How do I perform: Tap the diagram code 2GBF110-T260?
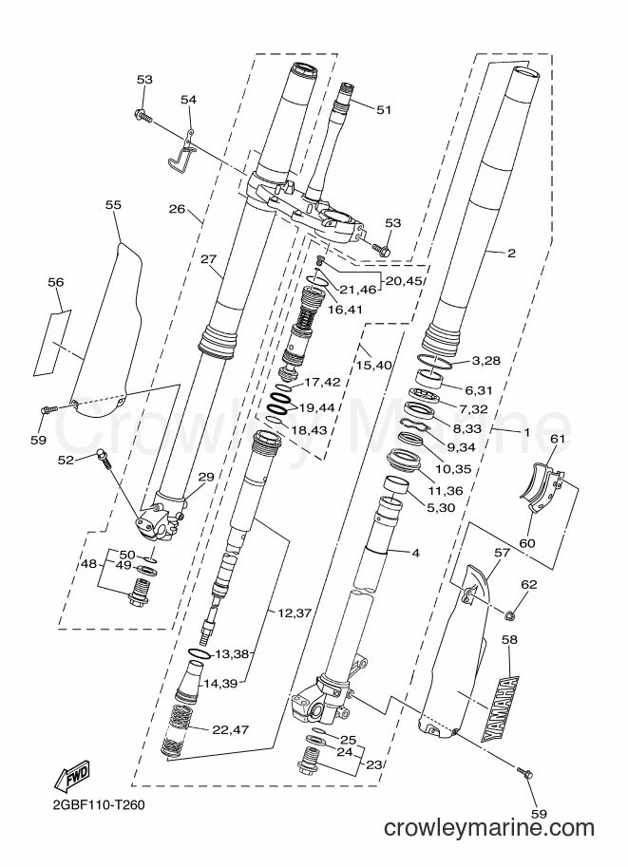[100, 805]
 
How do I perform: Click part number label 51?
[384, 109]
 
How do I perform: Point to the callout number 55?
[113, 204]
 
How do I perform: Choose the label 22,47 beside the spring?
[230, 729]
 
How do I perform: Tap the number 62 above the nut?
[528, 584]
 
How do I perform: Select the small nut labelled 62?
[510, 613]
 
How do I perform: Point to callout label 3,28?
[485, 361]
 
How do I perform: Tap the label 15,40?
[373, 365]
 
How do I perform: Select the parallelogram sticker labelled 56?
[53, 343]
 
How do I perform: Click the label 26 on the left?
[177, 209]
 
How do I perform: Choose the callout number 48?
[88, 564]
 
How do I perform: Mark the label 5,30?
[440, 507]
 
